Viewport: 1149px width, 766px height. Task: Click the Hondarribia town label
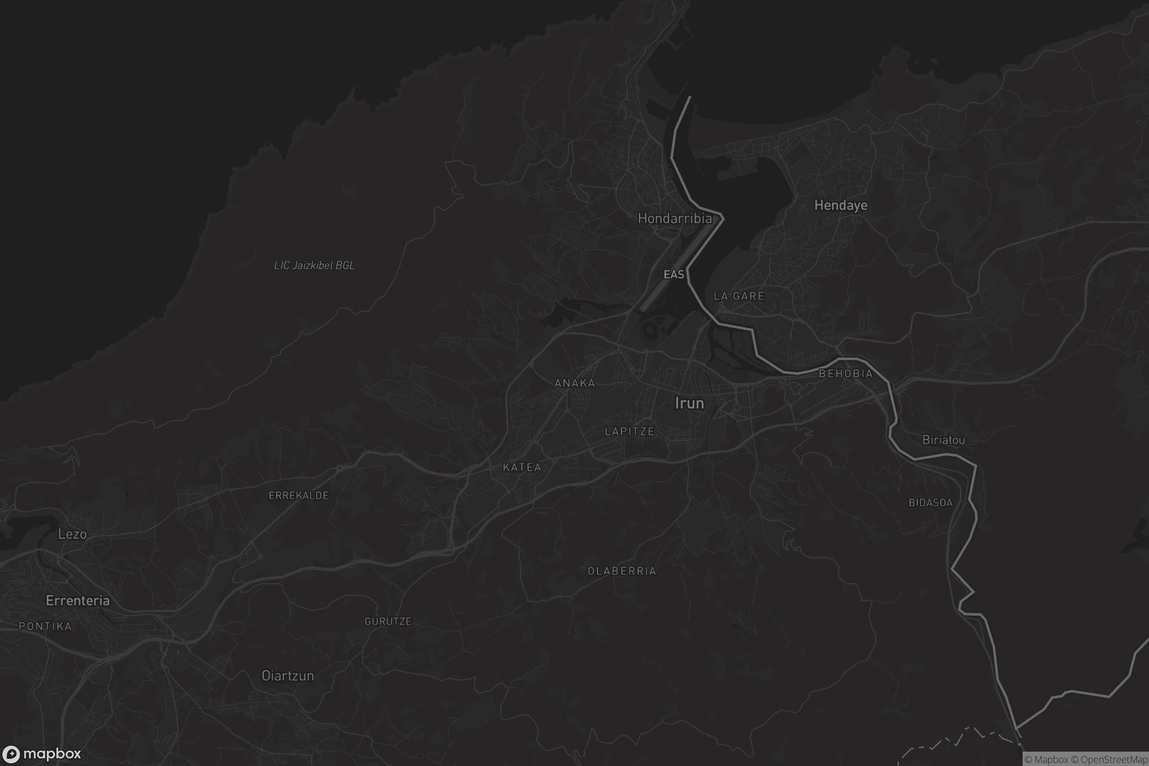(x=675, y=218)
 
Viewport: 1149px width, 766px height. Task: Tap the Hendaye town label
(x=841, y=205)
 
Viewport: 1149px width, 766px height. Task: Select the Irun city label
(x=689, y=403)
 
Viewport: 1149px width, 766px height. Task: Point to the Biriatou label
(x=943, y=439)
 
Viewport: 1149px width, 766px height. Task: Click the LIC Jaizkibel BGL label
(x=314, y=265)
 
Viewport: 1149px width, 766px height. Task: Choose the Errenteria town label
(x=78, y=600)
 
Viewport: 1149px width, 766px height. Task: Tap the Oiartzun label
(x=288, y=676)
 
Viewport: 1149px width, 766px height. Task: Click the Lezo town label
(x=72, y=534)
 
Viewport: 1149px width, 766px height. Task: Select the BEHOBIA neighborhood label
(x=845, y=374)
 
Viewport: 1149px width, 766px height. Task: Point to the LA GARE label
(x=739, y=296)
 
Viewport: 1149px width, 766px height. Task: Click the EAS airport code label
(x=674, y=274)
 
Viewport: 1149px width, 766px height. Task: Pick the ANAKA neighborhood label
(x=575, y=383)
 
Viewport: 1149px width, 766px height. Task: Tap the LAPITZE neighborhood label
(x=630, y=431)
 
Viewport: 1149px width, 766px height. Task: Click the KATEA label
(x=522, y=468)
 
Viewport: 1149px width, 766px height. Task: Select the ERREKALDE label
(x=298, y=496)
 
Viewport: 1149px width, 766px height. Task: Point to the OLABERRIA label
(x=622, y=571)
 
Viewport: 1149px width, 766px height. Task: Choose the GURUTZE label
(x=388, y=621)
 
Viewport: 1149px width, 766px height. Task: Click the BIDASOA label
(x=931, y=503)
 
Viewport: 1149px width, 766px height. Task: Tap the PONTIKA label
(x=45, y=626)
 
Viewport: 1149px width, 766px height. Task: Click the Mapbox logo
(x=41, y=754)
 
